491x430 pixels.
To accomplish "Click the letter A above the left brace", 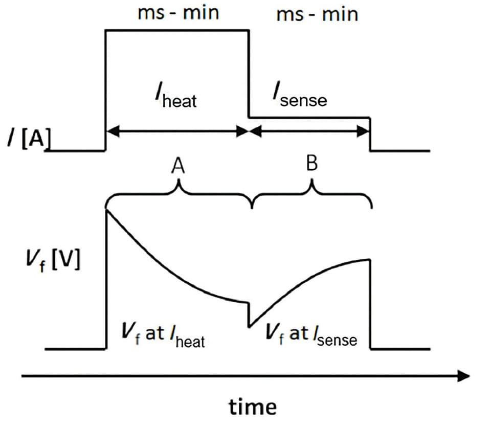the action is [x=178, y=166].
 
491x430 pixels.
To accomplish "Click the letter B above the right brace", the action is [x=312, y=163].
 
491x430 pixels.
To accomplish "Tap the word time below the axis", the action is [x=253, y=407].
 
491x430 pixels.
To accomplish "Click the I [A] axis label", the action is [x=29, y=139].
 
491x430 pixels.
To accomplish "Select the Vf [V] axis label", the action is [x=53, y=260].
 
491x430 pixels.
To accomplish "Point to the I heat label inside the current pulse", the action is [x=176, y=97].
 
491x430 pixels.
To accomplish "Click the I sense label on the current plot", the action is [x=300, y=96].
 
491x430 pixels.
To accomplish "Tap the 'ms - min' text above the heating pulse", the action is [x=178, y=13].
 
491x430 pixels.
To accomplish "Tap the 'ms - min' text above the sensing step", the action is [x=317, y=14].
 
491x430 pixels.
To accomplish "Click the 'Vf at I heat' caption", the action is [x=163, y=335].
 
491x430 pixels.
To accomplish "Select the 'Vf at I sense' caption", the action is [x=311, y=335].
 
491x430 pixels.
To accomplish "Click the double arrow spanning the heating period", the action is [x=177, y=131].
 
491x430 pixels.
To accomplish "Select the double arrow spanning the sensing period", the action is [x=309, y=131].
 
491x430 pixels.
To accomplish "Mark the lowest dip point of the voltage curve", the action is [x=249, y=327].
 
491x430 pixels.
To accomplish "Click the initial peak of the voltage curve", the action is [x=107, y=210].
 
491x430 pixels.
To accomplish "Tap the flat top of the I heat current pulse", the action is [x=177, y=30].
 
